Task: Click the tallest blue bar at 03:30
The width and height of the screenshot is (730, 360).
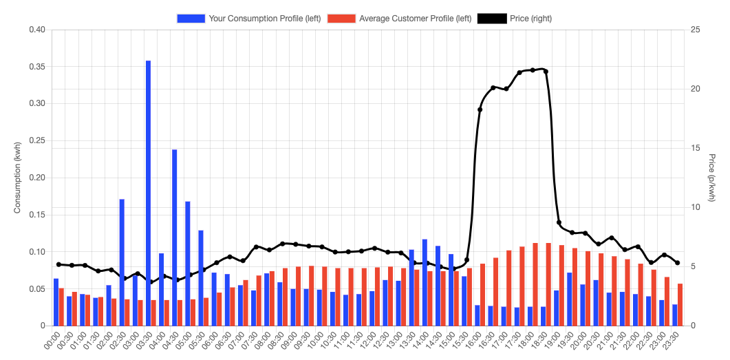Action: [148, 193]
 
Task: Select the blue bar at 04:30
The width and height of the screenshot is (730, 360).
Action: [175, 237]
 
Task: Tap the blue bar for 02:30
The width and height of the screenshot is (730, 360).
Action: [122, 262]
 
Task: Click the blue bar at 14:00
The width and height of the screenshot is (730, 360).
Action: [425, 282]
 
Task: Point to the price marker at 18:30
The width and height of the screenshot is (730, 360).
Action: [546, 71]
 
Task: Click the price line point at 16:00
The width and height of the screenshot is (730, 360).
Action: [480, 109]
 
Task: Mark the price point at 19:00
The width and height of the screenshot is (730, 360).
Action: [559, 222]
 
